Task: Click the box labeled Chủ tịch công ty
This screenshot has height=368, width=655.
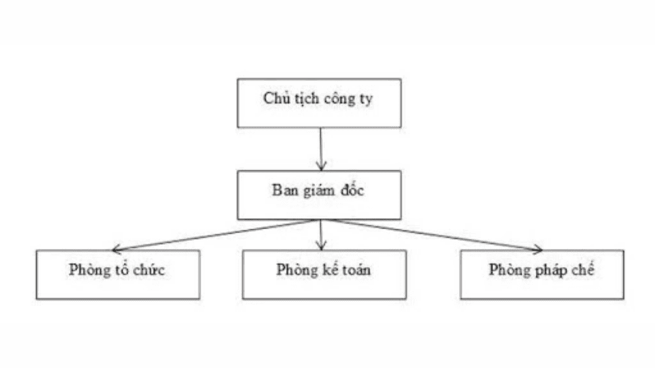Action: point(319,103)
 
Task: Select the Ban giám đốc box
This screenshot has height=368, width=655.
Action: point(319,194)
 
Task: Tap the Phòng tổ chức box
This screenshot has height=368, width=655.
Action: point(119,274)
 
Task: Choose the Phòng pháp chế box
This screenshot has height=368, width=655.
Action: point(542,274)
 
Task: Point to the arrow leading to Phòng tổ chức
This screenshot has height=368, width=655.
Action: point(216,235)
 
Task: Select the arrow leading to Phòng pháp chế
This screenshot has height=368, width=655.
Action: point(432,235)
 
